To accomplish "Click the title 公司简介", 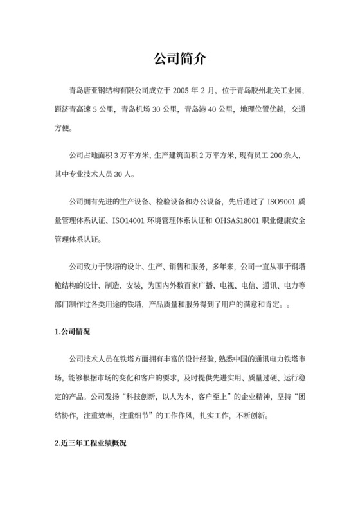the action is tap(179, 58).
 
